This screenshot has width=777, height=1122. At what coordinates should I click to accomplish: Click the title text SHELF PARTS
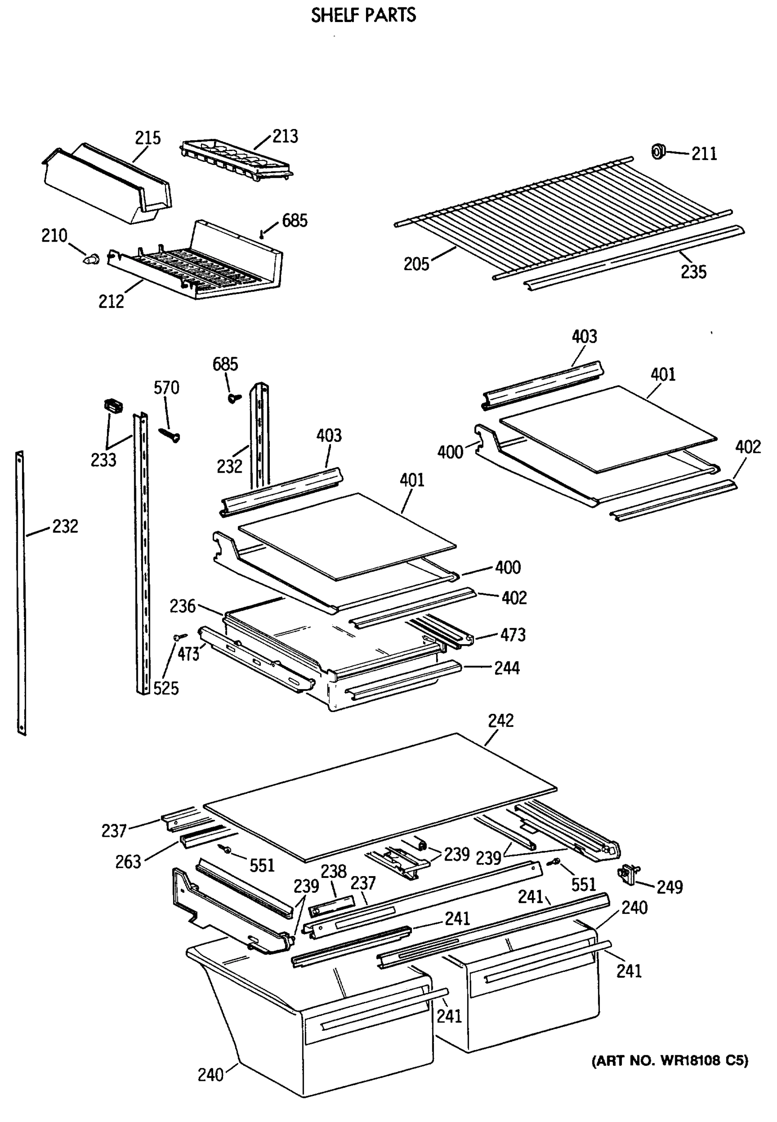pyautogui.click(x=363, y=15)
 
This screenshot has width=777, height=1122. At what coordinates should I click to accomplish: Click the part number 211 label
pyautogui.click(x=704, y=154)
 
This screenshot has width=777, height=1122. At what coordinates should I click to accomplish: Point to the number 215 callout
pyautogui.click(x=148, y=138)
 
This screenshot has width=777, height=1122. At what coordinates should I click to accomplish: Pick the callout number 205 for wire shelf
pyautogui.click(x=416, y=264)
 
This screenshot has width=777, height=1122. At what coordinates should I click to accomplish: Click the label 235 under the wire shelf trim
pyautogui.click(x=693, y=272)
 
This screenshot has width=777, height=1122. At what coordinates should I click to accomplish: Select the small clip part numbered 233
pyautogui.click(x=113, y=405)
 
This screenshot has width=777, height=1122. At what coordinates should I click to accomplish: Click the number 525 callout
pyautogui.click(x=166, y=688)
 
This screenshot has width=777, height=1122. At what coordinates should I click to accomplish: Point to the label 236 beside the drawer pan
pyautogui.click(x=183, y=606)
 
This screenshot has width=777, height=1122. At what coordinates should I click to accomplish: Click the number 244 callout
pyautogui.click(x=507, y=669)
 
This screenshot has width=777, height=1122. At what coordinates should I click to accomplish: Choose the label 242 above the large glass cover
pyautogui.click(x=501, y=720)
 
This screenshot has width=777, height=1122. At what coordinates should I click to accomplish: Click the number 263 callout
pyautogui.click(x=128, y=862)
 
